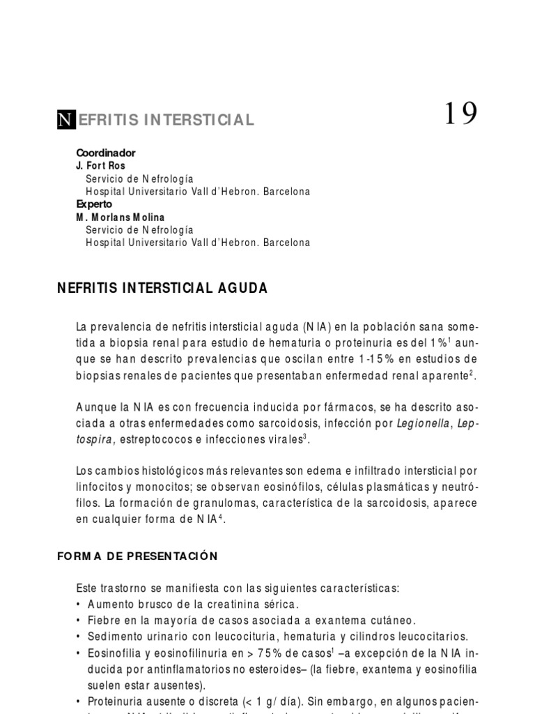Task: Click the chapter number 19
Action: tap(461, 114)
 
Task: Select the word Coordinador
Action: tap(106, 153)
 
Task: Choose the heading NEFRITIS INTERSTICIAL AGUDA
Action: tap(162, 288)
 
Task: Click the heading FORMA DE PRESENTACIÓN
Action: tap(137, 556)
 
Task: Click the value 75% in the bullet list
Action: tap(275, 652)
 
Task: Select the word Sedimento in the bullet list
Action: tap(114, 636)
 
